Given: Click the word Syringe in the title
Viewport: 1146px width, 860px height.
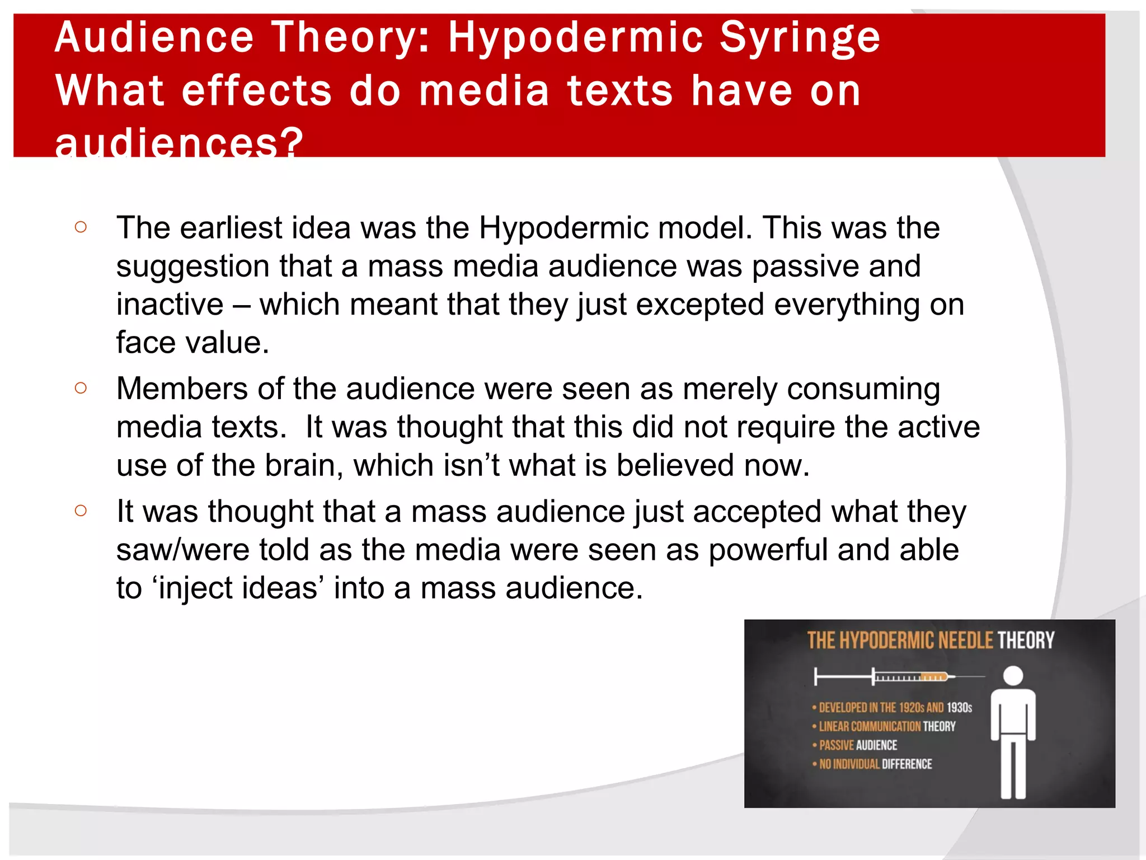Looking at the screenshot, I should [x=800, y=38].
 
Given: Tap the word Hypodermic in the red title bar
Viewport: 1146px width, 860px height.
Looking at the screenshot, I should [x=576, y=38].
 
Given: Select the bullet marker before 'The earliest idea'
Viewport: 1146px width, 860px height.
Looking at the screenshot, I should [x=81, y=227].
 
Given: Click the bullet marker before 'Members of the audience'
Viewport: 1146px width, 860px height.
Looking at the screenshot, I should [x=81, y=387].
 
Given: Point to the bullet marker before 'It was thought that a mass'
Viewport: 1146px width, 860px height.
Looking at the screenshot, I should [x=81, y=510].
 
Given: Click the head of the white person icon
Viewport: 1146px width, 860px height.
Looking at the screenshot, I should [x=1013, y=676].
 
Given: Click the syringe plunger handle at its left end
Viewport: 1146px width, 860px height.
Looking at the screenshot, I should [x=816, y=676].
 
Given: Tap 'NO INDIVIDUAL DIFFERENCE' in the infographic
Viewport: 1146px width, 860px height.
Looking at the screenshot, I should [x=875, y=764].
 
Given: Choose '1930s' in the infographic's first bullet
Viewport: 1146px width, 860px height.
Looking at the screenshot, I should [x=959, y=708].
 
